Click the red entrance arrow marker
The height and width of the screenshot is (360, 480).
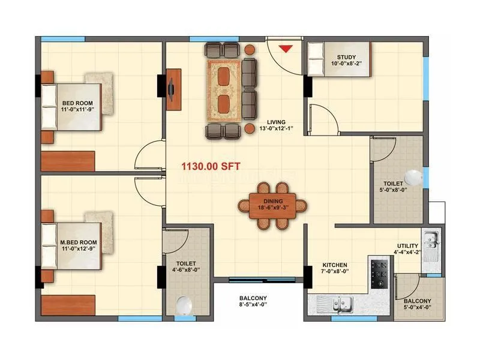pos(286,49)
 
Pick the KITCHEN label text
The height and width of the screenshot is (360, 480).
pos(335,265)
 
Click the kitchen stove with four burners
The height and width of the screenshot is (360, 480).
pos(379,274)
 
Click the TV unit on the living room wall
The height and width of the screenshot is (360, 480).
pos(174,89)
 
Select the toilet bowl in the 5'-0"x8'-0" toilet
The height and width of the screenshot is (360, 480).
pos(413,178)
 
